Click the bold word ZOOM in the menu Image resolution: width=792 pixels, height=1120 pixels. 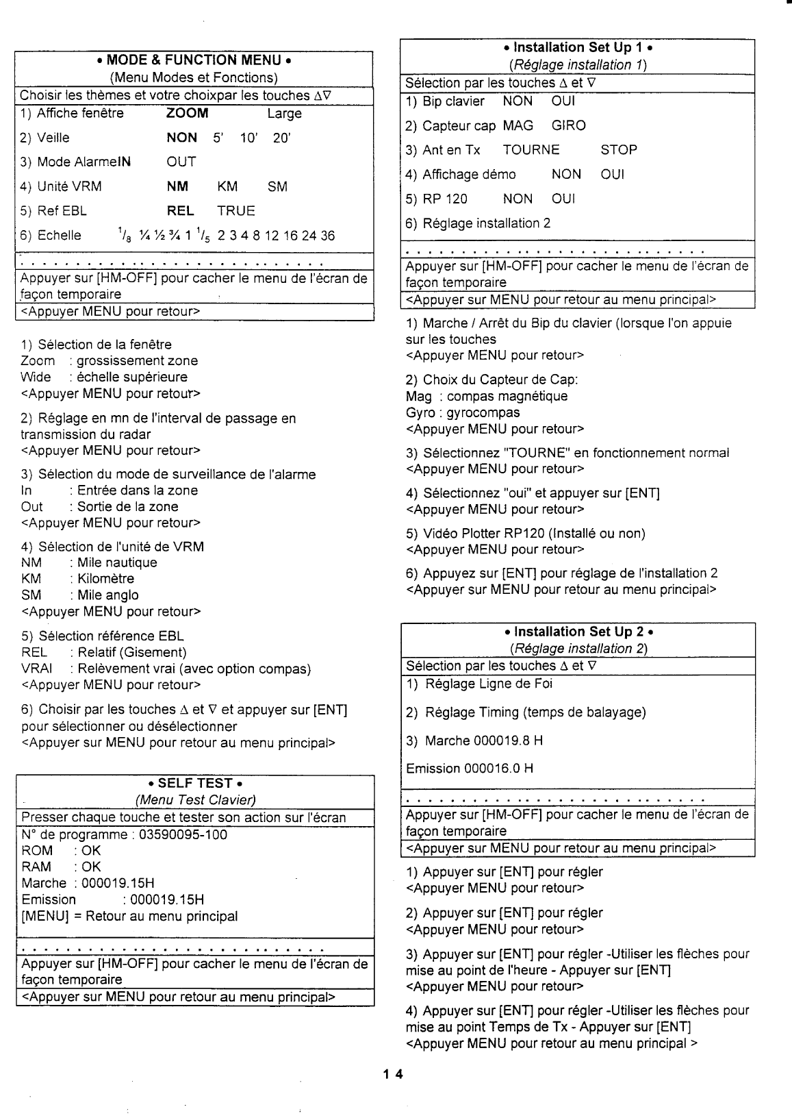click(x=188, y=114)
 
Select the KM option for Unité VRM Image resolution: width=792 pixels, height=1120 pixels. click(x=228, y=186)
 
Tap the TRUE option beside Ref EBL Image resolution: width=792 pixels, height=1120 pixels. click(x=236, y=211)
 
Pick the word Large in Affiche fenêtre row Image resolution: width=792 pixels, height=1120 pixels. click(x=284, y=114)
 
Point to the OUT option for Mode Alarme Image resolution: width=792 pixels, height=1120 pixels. click(x=181, y=162)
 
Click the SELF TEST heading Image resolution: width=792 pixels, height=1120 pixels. click(x=196, y=784)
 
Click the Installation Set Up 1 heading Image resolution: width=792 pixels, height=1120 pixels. click(x=577, y=48)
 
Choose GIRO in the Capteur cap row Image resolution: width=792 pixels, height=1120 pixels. click(x=569, y=126)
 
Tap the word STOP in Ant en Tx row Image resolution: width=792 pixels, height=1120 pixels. click(x=619, y=150)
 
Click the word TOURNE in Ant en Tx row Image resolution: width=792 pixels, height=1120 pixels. click(x=531, y=150)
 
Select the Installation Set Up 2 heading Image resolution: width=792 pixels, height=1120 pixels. click(x=577, y=632)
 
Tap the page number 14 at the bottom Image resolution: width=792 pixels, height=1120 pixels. click(x=394, y=1073)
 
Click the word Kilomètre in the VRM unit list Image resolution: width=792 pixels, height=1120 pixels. click(x=105, y=579)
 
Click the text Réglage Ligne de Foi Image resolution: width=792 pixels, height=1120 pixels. click(x=489, y=684)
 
